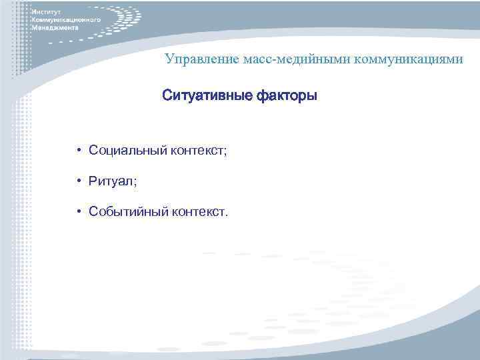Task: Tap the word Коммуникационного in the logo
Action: [x=66, y=21]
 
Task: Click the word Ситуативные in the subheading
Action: [x=203, y=97]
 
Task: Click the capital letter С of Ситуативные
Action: [x=167, y=97]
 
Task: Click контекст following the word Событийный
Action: [x=199, y=212]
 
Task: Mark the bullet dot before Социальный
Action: [x=79, y=151]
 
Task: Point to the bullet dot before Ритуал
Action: [x=79, y=181]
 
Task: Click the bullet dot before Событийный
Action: [x=79, y=212]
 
